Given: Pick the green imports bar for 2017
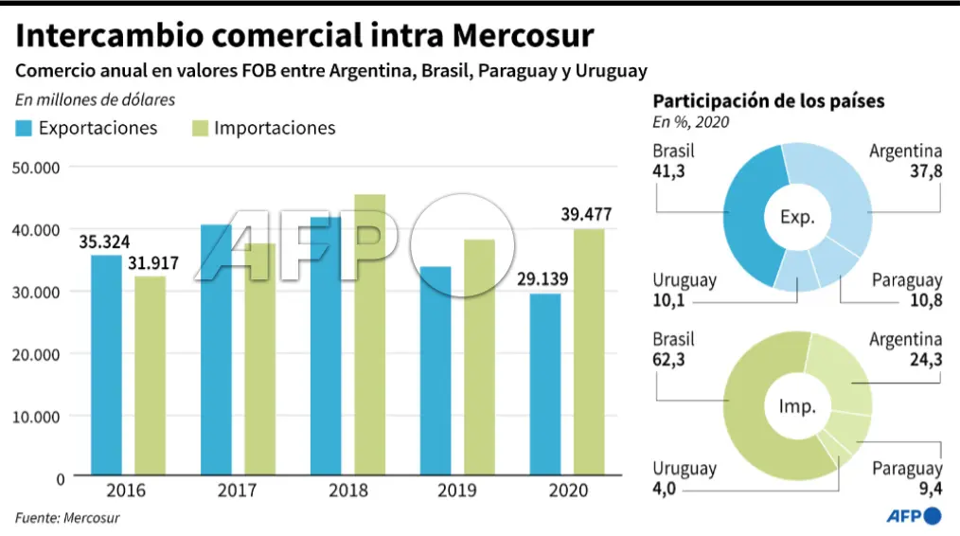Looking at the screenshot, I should pyautogui.click(x=260, y=359).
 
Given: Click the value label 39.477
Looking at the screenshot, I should pyautogui.click(x=586, y=215).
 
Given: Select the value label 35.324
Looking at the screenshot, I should pyautogui.click(x=104, y=241).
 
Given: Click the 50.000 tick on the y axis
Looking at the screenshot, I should pyautogui.click(x=37, y=168).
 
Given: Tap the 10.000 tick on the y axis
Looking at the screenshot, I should pyautogui.click(x=37, y=417).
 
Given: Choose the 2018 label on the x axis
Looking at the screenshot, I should pyautogui.click(x=348, y=491).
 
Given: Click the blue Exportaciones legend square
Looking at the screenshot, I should pyautogui.click(x=25, y=128).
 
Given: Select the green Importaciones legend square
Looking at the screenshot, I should pyautogui.click(x=201, y=128).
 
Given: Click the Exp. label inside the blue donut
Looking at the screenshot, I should pyautogui.click(x=797, y=218).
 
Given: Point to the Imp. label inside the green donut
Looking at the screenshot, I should pyautogui.click(x=797, y=406).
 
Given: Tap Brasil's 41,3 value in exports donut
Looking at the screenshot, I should pyautogui.click(x=669, y=171).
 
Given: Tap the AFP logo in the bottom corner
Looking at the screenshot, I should pyautogui.click(x=914, y=516).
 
